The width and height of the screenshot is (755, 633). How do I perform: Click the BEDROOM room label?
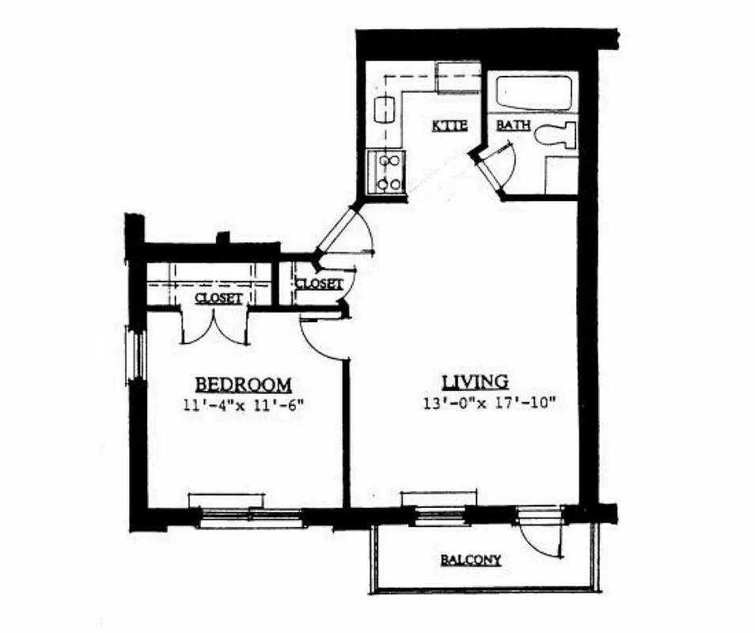pos(243,385)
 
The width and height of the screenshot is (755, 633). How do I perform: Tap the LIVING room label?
pos(474,382)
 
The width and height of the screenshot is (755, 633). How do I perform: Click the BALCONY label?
pos(470,560)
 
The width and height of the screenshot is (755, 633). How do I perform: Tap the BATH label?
pos(512,125)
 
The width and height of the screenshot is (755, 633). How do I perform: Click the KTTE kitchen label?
pos(450,126)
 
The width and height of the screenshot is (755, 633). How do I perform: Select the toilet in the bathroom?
pos(554,135)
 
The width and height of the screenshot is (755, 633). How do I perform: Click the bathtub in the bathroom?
pos(533,93)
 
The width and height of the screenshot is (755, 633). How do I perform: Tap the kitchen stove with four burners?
pos(387,172)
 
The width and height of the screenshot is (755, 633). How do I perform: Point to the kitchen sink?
pos(384,108)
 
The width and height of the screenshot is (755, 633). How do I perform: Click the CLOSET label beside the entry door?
pos(318,283)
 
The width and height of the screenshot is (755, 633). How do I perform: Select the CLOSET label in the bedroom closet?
pos(218,298)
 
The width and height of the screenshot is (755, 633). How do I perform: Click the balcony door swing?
pos(541,538)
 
